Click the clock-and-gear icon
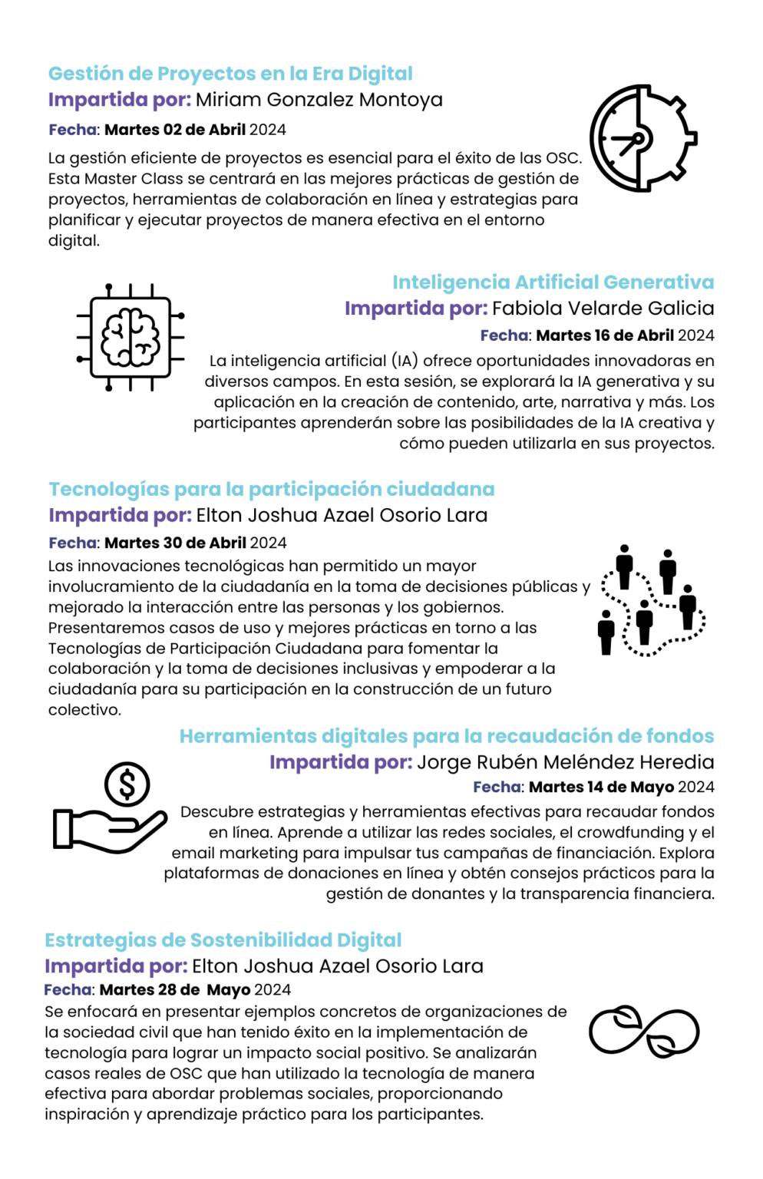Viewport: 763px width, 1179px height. coord(642,139)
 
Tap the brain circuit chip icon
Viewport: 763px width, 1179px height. coord(130,337)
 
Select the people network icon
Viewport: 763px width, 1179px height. coord(651,601)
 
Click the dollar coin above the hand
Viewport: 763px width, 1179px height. coord(127,784)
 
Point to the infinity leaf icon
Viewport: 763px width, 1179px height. coord(643,1032)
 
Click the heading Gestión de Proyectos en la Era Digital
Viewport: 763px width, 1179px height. coord(230,74)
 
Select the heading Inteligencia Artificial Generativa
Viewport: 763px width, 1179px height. coord(553,282)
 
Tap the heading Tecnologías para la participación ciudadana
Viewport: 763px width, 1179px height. coord(272,490)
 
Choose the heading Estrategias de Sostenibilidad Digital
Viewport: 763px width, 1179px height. coord(223,940)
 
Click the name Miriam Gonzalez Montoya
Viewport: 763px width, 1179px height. coord(319,100)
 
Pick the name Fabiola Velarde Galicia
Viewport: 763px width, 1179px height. coord(603,309)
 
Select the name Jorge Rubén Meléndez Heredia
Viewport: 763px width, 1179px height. coord(565,762)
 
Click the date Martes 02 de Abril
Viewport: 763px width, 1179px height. coord(175,130)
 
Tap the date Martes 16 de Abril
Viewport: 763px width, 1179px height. coord(605,335)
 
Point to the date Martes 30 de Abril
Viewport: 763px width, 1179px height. coord(175,543)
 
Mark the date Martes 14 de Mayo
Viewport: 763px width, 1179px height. coord(601,788)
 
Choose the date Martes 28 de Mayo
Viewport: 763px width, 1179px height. coord(175,990)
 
